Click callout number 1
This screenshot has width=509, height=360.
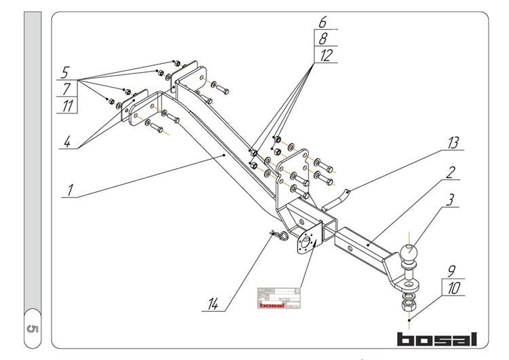pyautogui.click(x=69, y=189)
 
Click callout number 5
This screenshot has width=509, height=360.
pyautogui.click(x=65, y=72)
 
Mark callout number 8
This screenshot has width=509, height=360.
pyautogui.click(x=324, y=39)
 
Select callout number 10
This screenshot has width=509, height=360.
pyautogui.click(x=453, y=288)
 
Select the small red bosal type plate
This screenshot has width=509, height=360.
pyautogui.click(x=278, y=298)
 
